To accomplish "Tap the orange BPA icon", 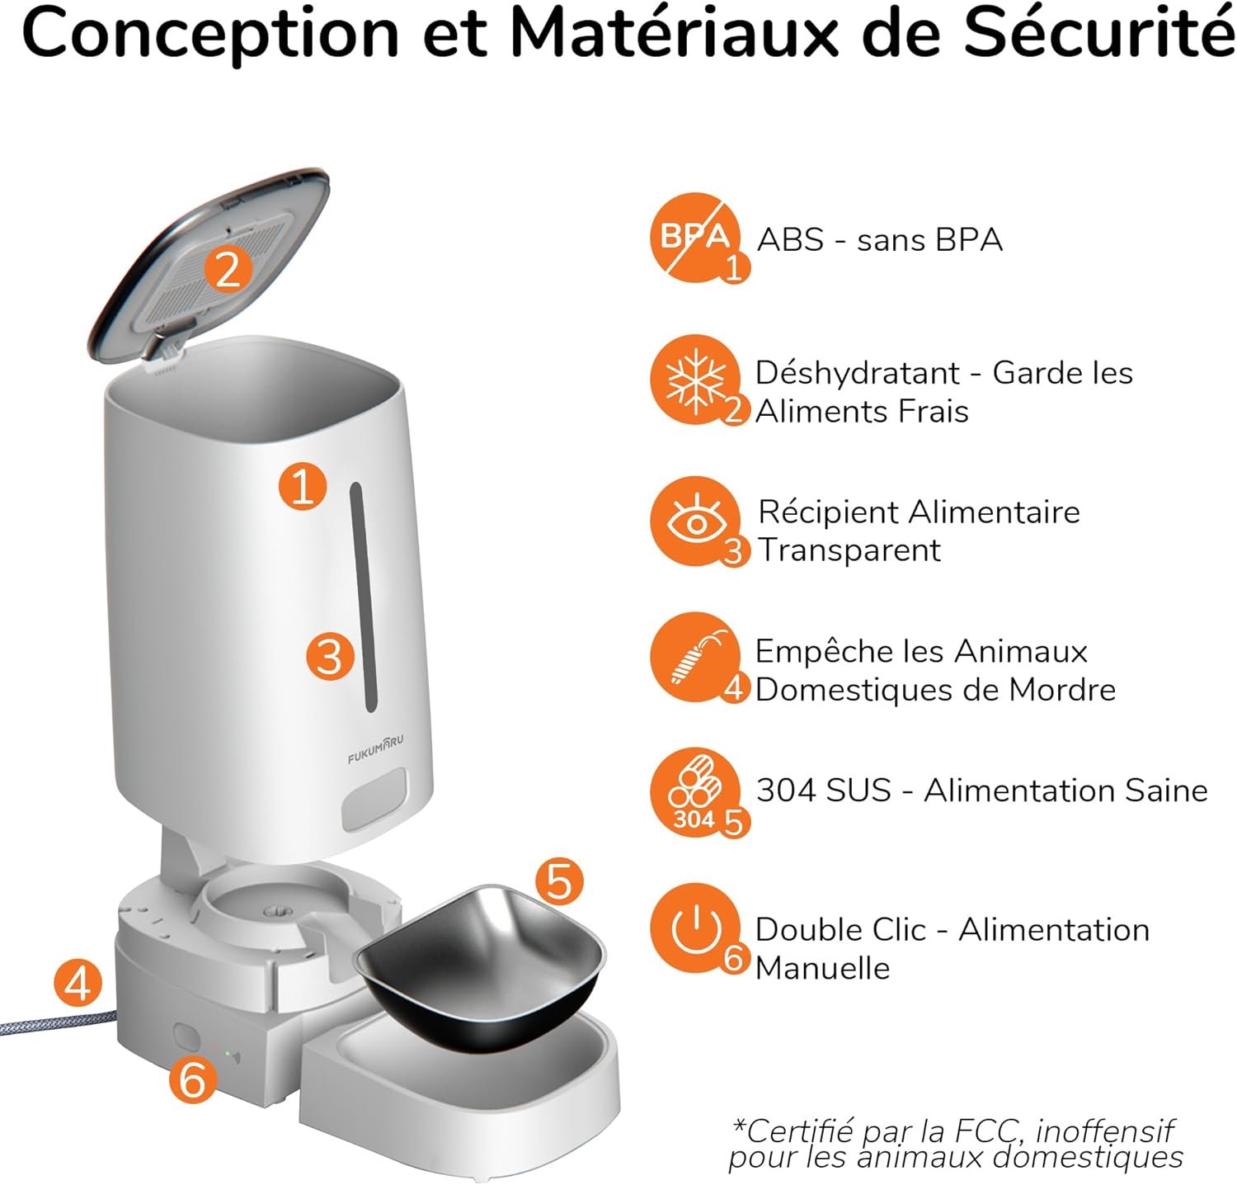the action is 694,238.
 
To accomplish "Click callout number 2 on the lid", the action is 228,268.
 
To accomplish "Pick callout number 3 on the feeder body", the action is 330,657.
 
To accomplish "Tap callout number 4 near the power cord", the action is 78,984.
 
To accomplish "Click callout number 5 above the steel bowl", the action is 559,880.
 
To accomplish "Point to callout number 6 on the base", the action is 193,1079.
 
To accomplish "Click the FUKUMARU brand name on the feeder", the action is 376,748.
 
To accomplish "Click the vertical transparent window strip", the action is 364,597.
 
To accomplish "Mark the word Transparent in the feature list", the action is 849,550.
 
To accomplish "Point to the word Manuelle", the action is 823,968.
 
